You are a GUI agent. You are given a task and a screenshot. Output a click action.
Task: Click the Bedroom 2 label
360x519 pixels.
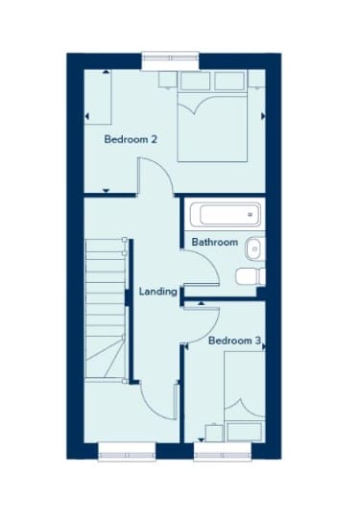coord(131,139)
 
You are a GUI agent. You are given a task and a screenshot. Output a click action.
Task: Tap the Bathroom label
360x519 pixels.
coord(215,242)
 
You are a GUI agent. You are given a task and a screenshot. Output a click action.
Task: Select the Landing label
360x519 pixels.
coord(157,292)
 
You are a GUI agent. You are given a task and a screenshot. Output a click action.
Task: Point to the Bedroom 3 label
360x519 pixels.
coord(235,341)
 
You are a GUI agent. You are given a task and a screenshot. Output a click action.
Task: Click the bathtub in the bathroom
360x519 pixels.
coord(226,214)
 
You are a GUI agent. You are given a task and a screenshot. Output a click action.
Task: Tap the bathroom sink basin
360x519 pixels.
coord(255,248)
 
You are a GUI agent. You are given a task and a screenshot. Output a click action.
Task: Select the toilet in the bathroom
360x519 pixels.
coord(251,276)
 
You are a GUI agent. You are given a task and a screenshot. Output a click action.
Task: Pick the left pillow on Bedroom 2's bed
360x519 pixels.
coord(195,81)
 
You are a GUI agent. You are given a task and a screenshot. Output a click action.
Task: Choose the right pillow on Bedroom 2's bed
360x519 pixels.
coord(229,81)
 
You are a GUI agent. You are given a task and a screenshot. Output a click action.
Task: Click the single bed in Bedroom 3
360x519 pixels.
coord(245,396)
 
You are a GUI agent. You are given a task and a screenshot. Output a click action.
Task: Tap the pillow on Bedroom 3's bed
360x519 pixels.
coord(245,432)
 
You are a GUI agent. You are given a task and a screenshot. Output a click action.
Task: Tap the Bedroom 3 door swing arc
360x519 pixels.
coord(210,332)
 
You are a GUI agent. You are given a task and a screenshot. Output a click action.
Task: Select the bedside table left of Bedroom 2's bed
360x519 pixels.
coord(167,80)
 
